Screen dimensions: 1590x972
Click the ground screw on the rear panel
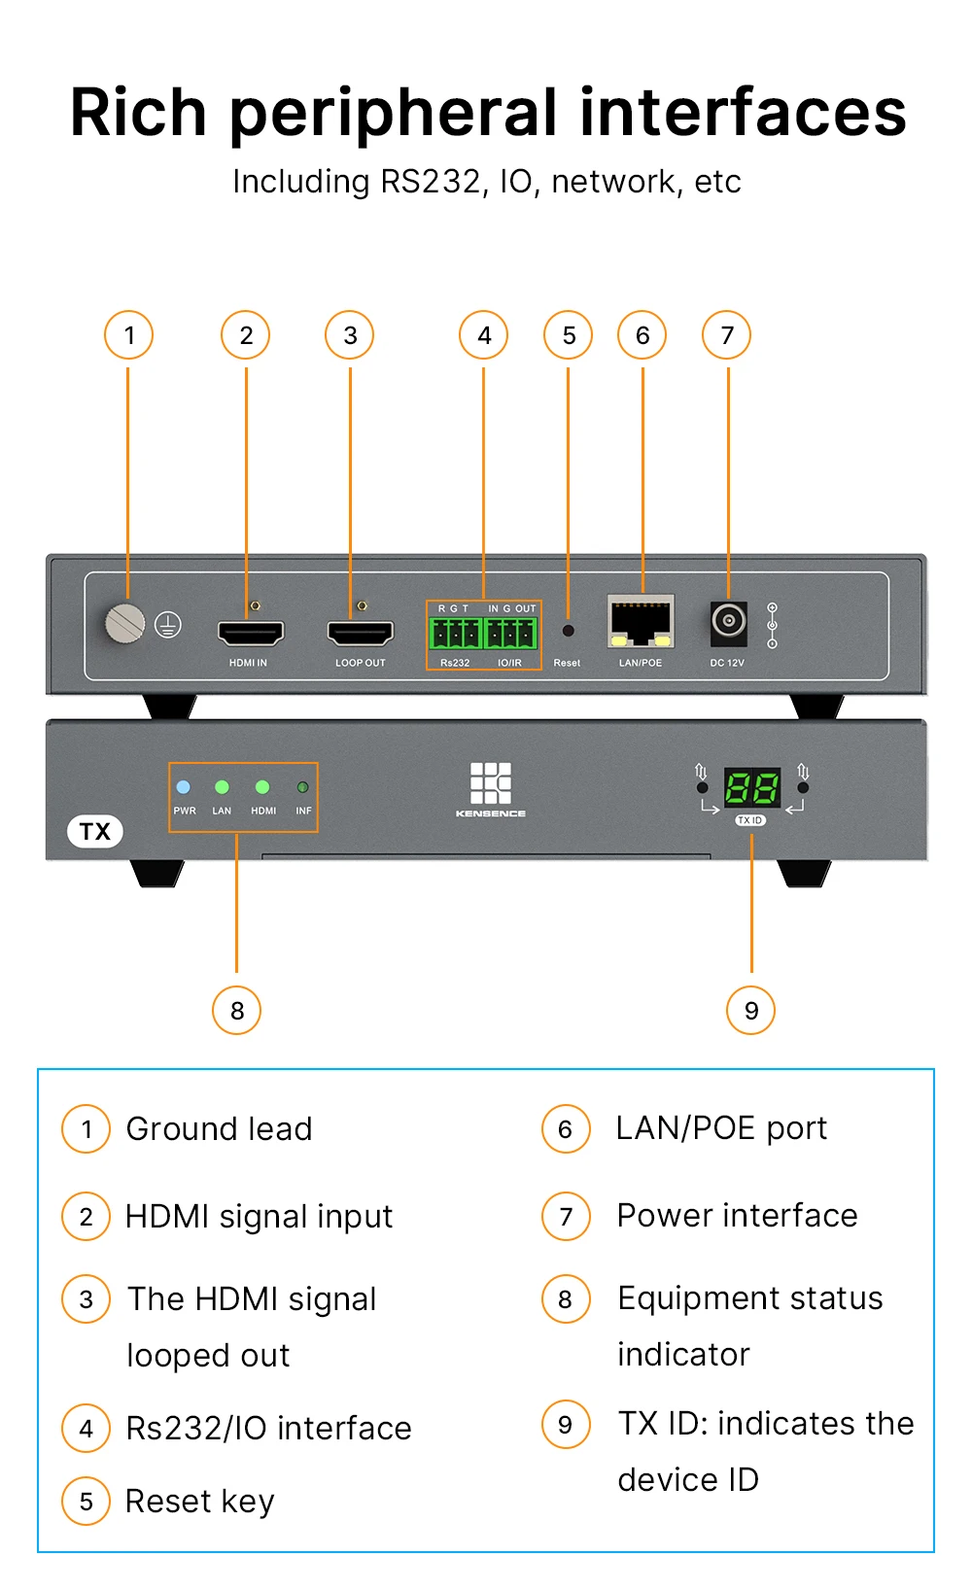pyautogui.click(x=125, y=623)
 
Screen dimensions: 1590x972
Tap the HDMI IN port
pyautogui.click(x=251, y=633)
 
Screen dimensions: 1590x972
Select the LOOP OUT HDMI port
pyautogui.click(x=361, y=633)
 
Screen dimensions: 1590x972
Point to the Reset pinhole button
pyautogui.click(x=569, y=631)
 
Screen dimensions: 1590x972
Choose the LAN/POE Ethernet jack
pyautogui.click(x=641, y=623)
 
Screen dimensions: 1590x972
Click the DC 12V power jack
pyautogui.click(x=729, y=620)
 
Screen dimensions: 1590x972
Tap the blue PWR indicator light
pyautogui.click(x=184, y=787)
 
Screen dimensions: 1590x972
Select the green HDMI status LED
pyautogui.click(x=262, y=787)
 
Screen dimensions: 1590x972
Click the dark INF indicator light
pyautogui.click(x=303, y=787)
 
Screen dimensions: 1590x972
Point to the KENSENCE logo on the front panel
pyautogui.click(x=491, y=789)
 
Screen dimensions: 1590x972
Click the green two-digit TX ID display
pyautogui.click(x=752, y=788)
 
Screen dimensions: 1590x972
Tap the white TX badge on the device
pyautogui.click(x=95, y=832)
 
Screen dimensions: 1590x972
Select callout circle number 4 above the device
pyautogui.click(x=484, y=336)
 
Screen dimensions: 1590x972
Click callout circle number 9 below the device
pyautogui.click(x=751, y=1011)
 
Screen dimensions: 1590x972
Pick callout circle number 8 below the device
pyautogui.click(x=237, y=1011)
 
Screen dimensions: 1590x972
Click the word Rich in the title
pyautogui.click(x=138, y=113)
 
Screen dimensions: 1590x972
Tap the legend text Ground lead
pyautogui.click(x=220, y=1129)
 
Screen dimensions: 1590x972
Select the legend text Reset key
pyautogui.click(x=200, y=1502)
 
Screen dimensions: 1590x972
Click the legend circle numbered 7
pyautogui.click(x=567, y=1217)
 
